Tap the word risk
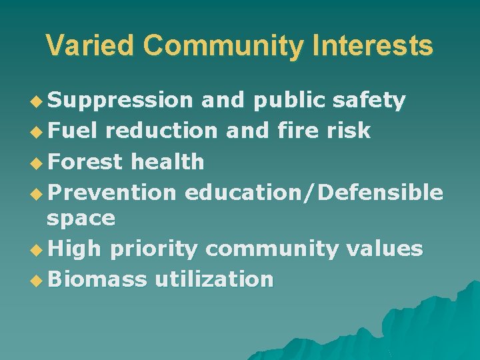[348, 131]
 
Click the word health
[167, 161]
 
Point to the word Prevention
[111, 192]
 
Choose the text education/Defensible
[314, 192]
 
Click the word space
[81, 218]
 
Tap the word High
[74, 249]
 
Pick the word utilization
[214, 279]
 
